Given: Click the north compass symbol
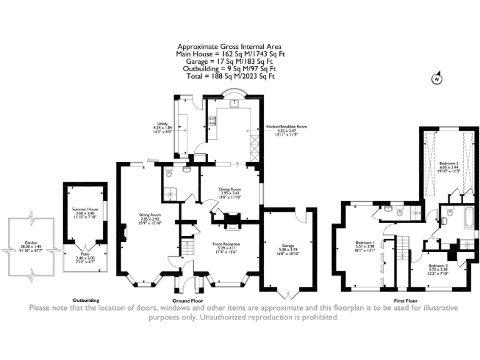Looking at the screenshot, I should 436,79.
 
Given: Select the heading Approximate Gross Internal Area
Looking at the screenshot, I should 229,47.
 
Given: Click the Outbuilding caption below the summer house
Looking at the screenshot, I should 86,300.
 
